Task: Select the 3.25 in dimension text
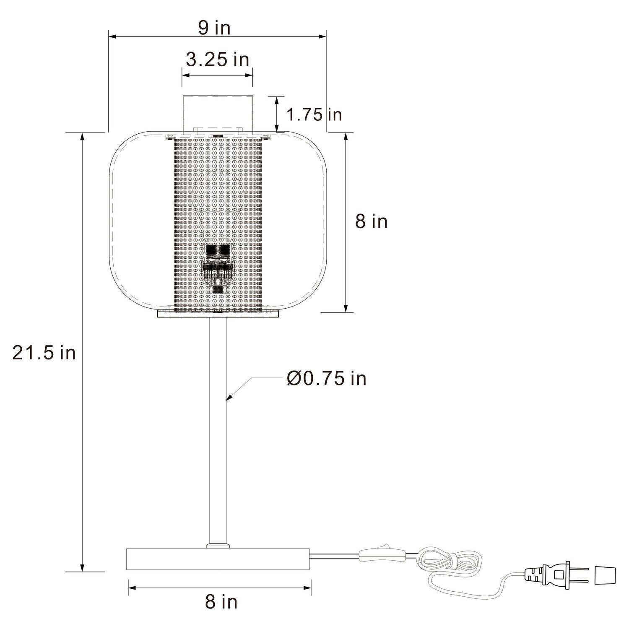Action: [218, 60]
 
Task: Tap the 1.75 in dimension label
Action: [314, 114]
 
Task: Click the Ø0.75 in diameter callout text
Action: [327, 378]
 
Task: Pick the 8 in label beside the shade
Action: [372, 221]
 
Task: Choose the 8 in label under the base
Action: [221, 602]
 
